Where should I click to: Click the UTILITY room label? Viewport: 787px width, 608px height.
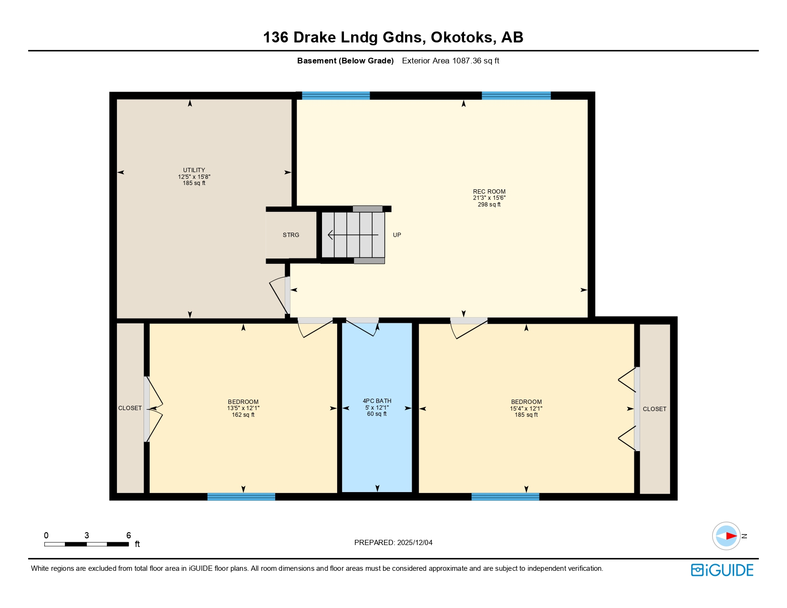pyautogui.click(x=194, y=170)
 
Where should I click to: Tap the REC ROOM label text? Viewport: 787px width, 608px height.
pyautogui.click(x=489, y=192)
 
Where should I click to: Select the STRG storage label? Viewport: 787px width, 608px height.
pyautogui.click(x=291, y=235)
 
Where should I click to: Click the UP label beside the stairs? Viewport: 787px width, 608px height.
pyautogui.click(x=397, y=235)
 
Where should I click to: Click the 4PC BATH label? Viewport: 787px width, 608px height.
pyautogui.click(x=377, y=401)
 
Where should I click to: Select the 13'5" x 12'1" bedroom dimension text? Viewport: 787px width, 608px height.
pyautogui.click(x=243, y=408)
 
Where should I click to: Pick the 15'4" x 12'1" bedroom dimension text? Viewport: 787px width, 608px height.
pyautogui.click(x=526, y=408)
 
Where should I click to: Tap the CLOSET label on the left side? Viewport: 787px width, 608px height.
pyautogui.click(x=130, y=408)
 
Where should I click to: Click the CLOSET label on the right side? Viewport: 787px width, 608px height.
pyautogui.click(x=654, y=409)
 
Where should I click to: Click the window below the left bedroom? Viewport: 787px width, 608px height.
pyautogui.click(x=241, y=496)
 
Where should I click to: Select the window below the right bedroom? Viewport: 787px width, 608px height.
pyautogui.click(x=505, y=496)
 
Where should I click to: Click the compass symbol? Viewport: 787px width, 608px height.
pyautogui.click(x=726, y=536)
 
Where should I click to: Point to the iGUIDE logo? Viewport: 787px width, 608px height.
pyautogui.click(x=722, y=570)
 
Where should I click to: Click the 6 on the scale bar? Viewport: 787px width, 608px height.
pyautogui.click(x=128, y=536)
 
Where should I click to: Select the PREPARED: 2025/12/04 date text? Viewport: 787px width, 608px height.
pyautogui.click(x=393, y=543)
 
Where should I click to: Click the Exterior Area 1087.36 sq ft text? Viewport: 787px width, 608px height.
pyautogui.click(x=450, y=61)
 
